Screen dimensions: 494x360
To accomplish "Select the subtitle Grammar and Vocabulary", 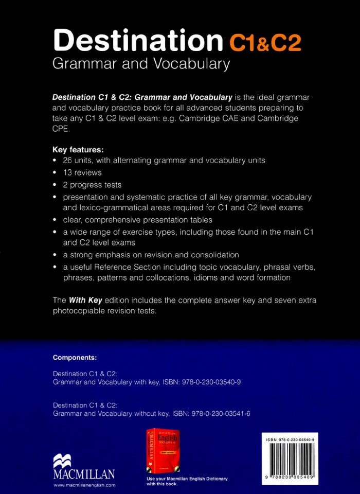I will [x=140, y=64].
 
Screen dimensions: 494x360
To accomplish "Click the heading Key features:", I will [x=78, y=150].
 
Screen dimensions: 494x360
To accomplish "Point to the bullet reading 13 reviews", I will [x=82, y=172].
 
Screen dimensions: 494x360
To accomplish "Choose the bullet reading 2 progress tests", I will [x=92, y=185].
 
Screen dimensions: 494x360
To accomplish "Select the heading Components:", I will [x=75, y=357].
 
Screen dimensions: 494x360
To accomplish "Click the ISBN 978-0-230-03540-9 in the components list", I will [x=205, y=382].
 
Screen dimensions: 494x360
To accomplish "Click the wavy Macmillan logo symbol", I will [x=62, y=461].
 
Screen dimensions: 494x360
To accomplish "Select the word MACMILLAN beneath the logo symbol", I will [x=84, y=474].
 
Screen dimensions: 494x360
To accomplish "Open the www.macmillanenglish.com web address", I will [x=84, y=485].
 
